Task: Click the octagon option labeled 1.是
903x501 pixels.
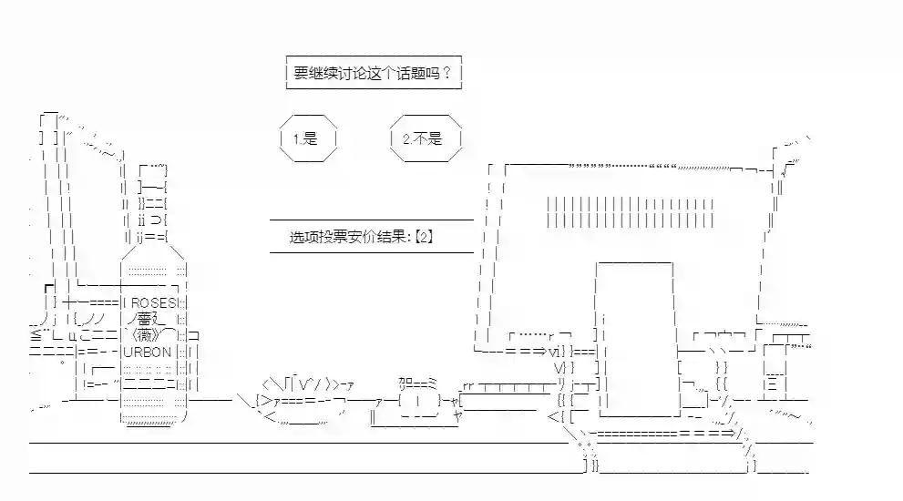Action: (x=307, y=138)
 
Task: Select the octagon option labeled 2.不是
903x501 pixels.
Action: (x=426, y=138)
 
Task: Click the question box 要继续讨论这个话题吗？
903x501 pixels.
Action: (x=374, y=72)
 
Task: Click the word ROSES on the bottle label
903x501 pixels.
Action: (x=157, y=302)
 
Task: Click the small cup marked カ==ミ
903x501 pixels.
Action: (x=418, y=401)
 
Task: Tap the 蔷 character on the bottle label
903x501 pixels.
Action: (x=148, y=318)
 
